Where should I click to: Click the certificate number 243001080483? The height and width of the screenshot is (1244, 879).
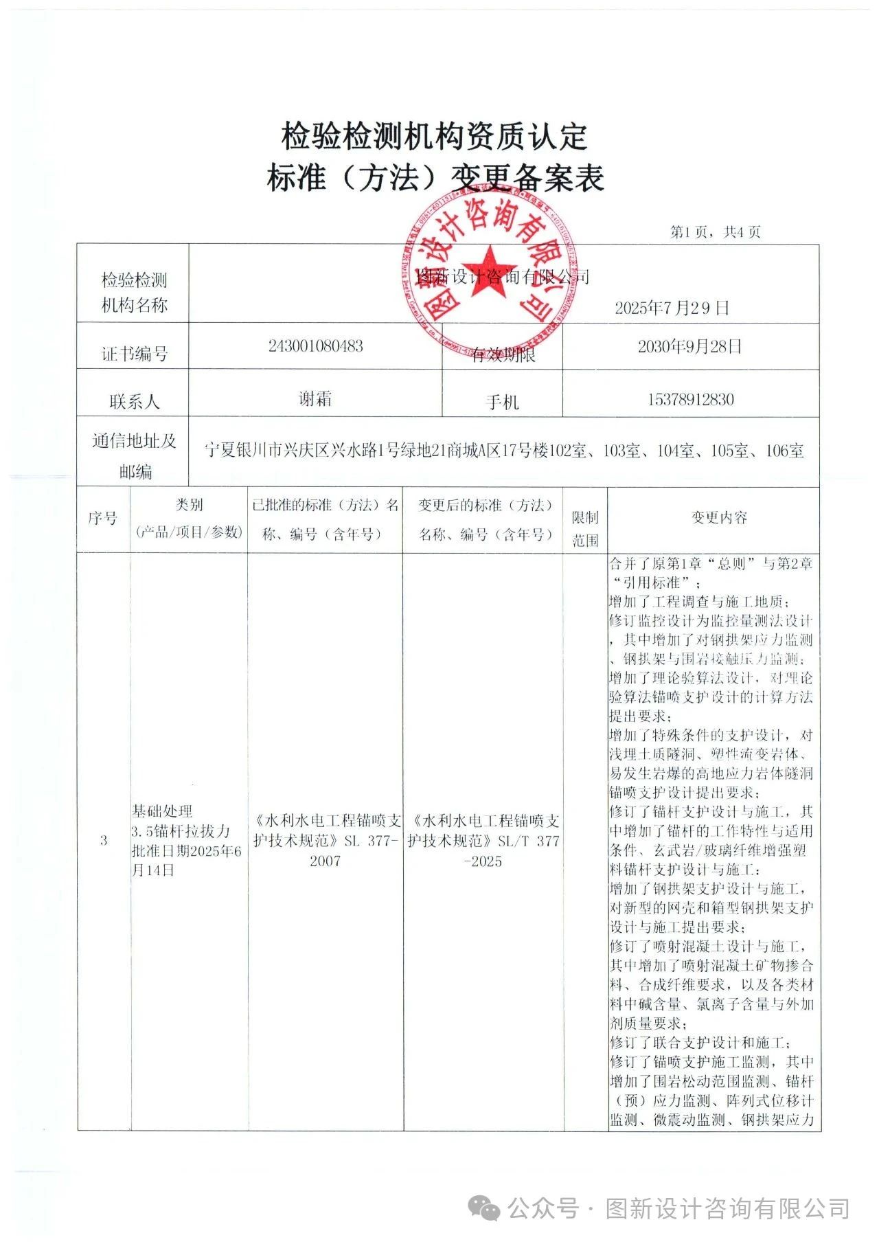[x=315, y=346]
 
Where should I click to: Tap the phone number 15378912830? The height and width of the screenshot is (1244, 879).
[x=690, y=399]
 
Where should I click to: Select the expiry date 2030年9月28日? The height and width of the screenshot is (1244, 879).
[x=690, y=346]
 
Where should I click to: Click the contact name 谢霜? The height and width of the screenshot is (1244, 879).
[x=315, y=398]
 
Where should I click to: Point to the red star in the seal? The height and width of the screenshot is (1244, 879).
[x=488, y=271]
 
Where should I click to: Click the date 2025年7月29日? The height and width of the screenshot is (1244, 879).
[x=671, y=307]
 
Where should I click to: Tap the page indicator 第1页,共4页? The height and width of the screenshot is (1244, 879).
[x=715, y=232]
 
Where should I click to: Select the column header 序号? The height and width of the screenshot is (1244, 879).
[x=103, y=518]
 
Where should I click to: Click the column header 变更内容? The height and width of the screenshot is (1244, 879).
[x=718, y=517]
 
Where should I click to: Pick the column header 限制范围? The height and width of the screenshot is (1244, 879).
[x=585, y=528]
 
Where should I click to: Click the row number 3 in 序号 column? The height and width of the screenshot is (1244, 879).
[x=103, y=840]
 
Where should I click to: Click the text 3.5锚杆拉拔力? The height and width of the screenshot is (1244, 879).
[x=181, y=831]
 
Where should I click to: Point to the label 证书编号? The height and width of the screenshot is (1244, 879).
[x=134, y=354]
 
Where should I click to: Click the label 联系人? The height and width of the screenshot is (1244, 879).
[x=134, y=402]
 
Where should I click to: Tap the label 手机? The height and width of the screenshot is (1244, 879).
[x=502, y=403]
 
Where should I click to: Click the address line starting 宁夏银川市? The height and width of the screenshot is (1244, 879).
[x=504, y=451]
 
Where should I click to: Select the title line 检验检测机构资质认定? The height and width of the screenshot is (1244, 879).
[x=434, y=136]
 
